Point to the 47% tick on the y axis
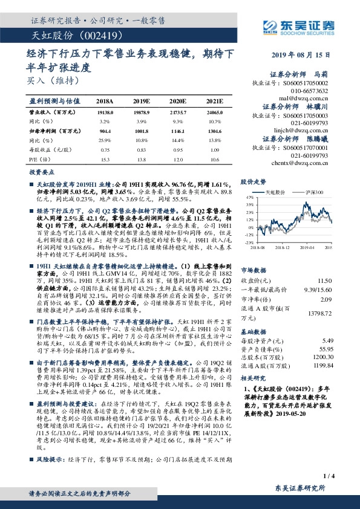(x=249, y=197)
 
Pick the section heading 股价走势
(x=253, y=181)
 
